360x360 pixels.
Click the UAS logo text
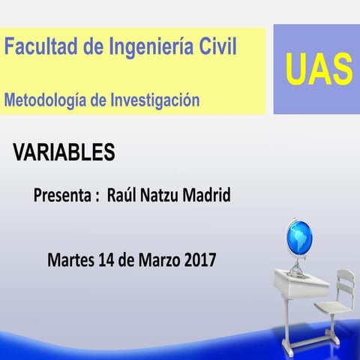[317, 70]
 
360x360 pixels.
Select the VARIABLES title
[64, 152]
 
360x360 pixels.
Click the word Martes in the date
[70, 260]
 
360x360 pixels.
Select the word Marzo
[155, 260]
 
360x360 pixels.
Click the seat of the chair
[331, 307]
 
